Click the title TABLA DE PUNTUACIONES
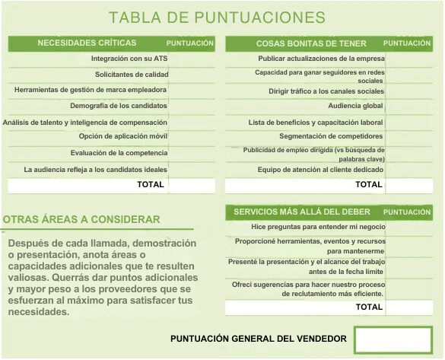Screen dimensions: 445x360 pos(217,17)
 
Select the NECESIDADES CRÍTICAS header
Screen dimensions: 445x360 pos(87,43)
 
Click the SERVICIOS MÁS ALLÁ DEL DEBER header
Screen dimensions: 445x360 pos(302,212)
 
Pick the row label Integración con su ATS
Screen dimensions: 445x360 pos(129,59)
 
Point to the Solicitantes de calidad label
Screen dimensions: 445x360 pos(131,75)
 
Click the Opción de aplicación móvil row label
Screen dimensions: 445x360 pos(122,136)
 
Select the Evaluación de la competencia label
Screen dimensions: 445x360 pos(119,152)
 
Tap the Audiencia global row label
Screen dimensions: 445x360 pos(355,106)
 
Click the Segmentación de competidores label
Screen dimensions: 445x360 pos(331,136)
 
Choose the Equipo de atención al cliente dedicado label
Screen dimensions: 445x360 pos(320,170)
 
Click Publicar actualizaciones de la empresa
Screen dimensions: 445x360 pos(321,59)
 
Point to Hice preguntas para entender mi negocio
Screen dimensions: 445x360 pos(318,227)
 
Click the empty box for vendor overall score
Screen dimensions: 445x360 pos(393,339)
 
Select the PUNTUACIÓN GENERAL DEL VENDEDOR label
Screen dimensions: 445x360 pos(259,339)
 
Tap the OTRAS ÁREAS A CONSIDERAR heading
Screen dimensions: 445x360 pos(81,220)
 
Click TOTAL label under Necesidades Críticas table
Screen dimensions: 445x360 pos(150,184)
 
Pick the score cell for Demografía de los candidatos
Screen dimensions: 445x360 pos(191,105)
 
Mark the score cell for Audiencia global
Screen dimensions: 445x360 pos(409,106)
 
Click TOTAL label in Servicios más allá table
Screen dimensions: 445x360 pos(369,307)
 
